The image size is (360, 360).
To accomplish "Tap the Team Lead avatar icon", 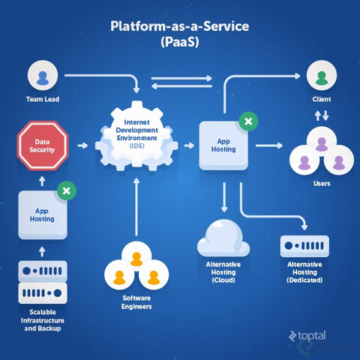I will point(43,76).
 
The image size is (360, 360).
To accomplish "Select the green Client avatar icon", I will point(321,76).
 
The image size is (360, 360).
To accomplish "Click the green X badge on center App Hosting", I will point(247,120).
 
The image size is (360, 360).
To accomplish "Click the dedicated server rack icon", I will point(304,245).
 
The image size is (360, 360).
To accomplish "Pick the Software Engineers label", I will point(136,301).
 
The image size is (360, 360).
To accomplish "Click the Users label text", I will point(322,183).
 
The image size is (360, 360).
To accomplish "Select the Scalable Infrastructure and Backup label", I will point(42,319).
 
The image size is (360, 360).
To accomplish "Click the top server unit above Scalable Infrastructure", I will point(42,270).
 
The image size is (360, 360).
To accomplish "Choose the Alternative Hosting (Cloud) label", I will point(223,272).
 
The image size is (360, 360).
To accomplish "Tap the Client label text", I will point(321,98).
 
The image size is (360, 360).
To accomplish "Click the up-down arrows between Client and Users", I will point(321,116).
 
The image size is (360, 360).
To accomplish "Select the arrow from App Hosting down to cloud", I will point(223,199).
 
